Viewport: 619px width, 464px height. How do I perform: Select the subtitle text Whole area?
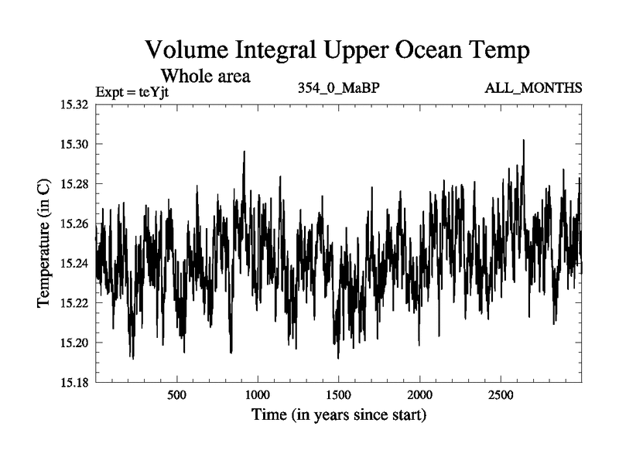[205, 77]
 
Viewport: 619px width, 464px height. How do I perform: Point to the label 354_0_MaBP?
[338, 87]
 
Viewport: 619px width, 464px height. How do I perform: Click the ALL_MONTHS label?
[533, 87]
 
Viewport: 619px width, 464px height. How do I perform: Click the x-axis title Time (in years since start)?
[338, 415]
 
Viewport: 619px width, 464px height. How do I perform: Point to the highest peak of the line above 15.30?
[523, 140]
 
